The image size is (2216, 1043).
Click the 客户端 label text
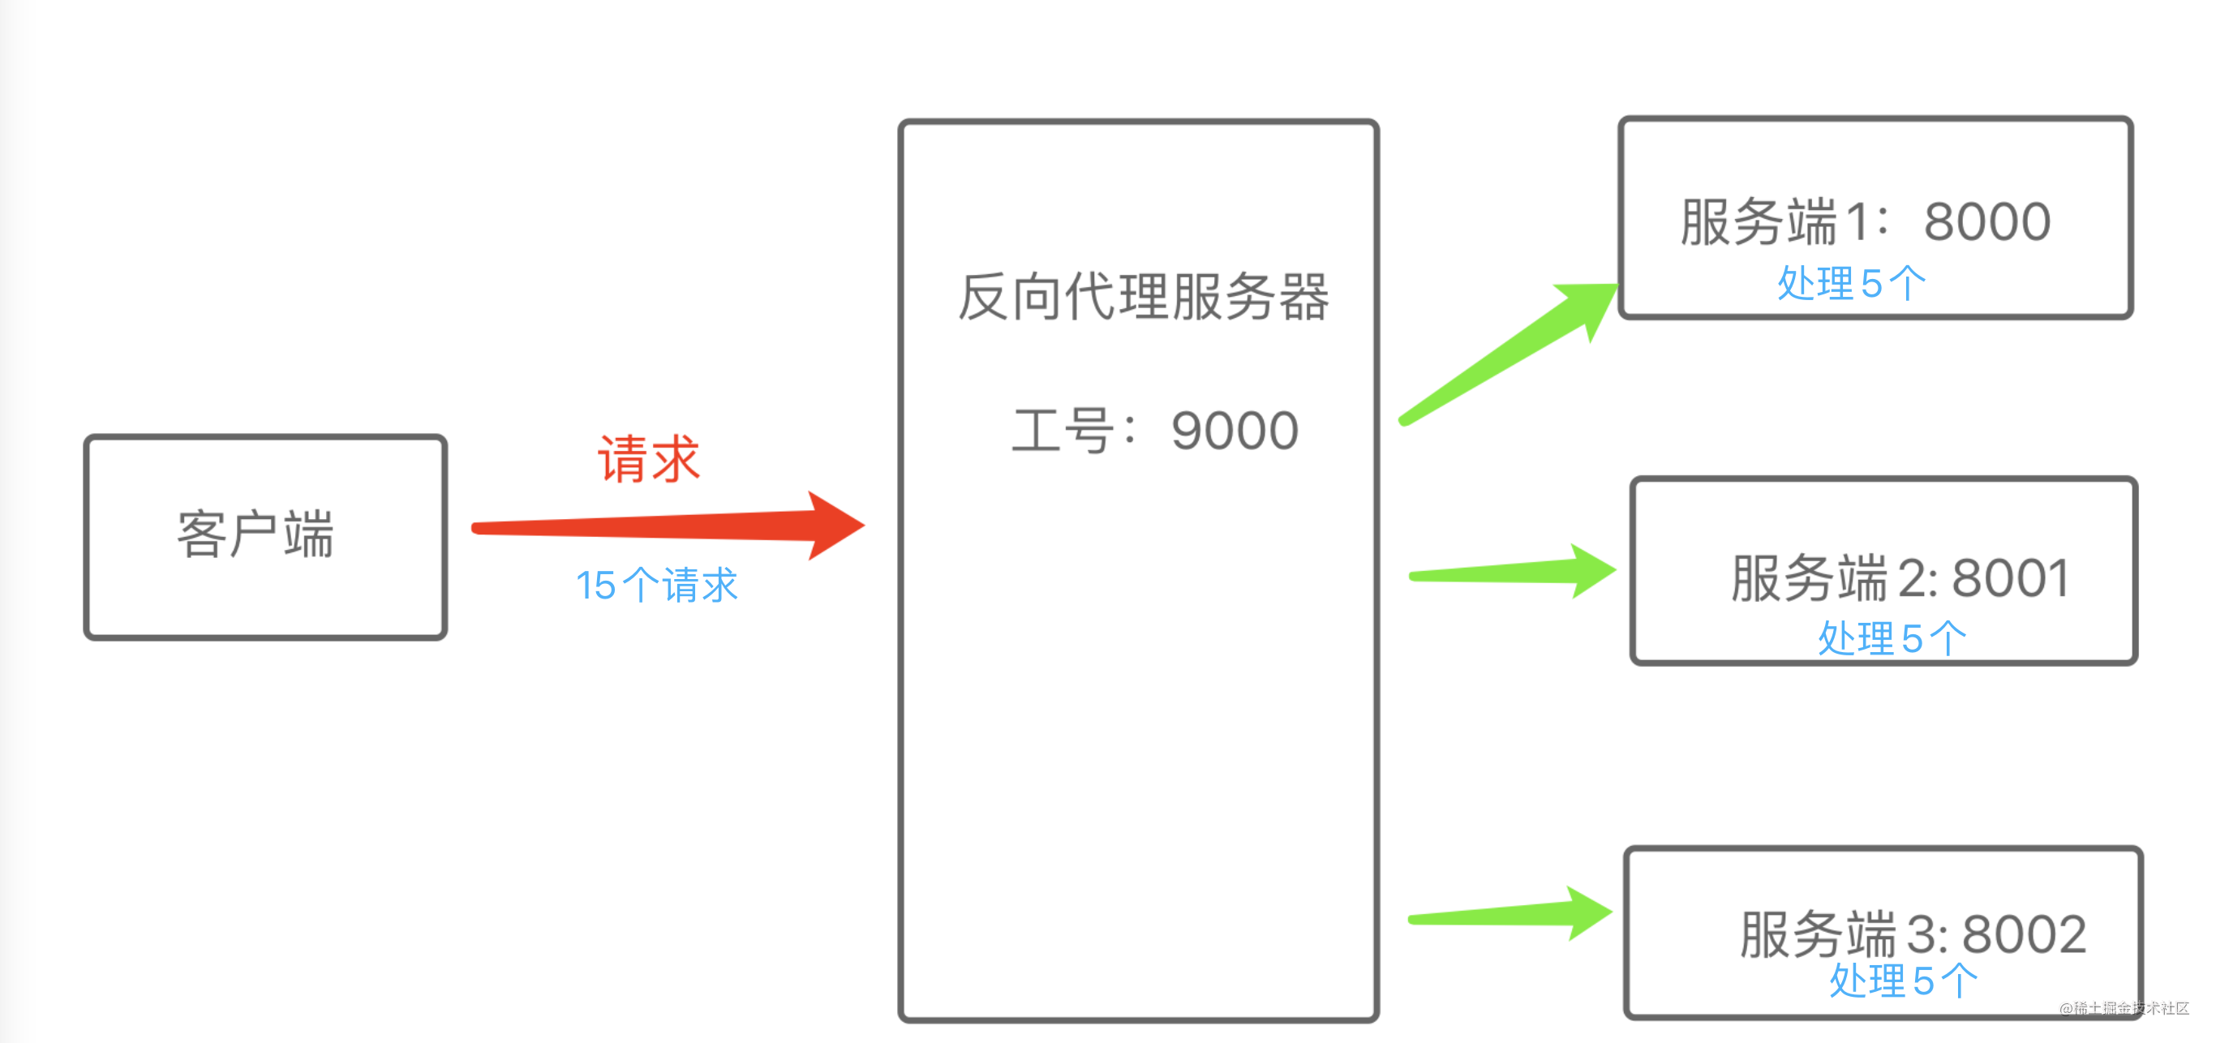[x=255, y=534]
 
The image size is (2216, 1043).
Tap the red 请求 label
[x=649, y=459]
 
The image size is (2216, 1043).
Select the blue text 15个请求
[x=655, y=586]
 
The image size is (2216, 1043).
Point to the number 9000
[x=1235, y=431]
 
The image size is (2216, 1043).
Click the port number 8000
[x=1987, y=222]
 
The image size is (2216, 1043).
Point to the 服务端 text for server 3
[x=1817, y=934]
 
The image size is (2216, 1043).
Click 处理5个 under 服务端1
[x=1851, y=283]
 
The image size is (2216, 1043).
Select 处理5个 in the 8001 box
[x=1892, y=639]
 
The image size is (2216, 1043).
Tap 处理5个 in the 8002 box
[x=1903, y=981]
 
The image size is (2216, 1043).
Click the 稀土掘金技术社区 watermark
[x=2124, y=1008]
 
